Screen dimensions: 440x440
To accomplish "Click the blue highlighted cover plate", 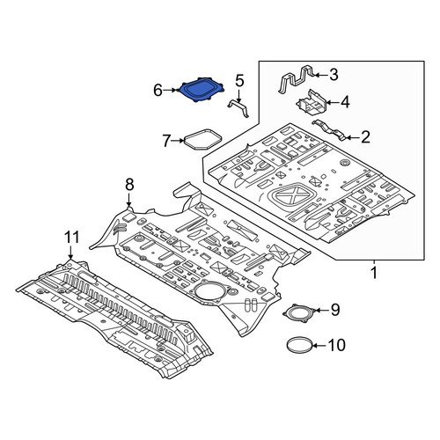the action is pos(201,90).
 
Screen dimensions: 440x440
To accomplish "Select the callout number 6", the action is pos(158,91).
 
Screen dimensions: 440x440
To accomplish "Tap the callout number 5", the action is pos(239,81).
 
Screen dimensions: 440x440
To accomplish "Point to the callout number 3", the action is pos(334,75).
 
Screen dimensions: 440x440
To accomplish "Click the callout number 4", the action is pos(345,102).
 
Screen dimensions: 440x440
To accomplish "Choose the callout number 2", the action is pos(365,137).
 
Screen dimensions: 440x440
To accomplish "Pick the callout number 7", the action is pos(166,141).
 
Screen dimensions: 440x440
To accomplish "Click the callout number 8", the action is pos(129,185).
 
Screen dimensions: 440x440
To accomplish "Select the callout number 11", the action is pos(72,237).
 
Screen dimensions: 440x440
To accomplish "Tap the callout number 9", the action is pos(335,310).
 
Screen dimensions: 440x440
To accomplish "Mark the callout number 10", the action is pos(336,345).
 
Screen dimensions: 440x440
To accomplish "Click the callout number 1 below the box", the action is pos(374,273).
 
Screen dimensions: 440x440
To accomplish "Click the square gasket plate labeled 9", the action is pos(298,313).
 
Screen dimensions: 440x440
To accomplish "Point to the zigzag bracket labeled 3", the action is pos(296,79).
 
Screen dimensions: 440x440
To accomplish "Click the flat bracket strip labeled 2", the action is pos(328,129).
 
